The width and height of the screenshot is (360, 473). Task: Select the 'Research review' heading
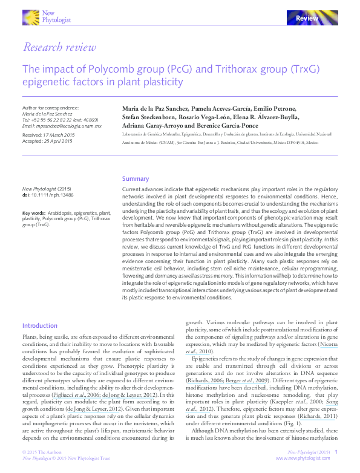[59, 47]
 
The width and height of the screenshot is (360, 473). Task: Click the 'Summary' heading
[136, 178]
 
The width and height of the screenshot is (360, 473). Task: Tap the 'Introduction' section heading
[39, 325]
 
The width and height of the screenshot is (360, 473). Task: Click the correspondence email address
[62, 126]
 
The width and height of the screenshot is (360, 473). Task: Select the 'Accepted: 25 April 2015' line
[47, 141]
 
